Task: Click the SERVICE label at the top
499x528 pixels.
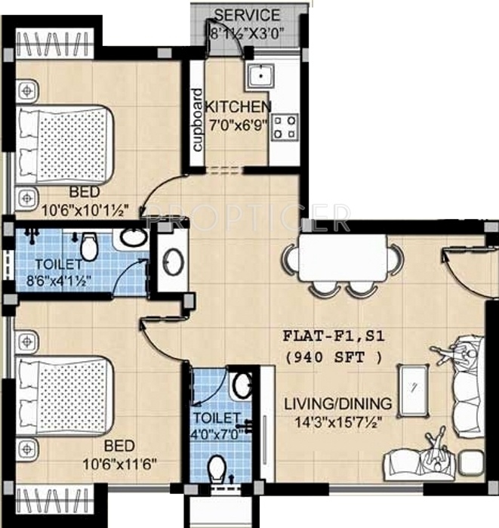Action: coord(247,15)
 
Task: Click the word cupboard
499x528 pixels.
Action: coord(197,120)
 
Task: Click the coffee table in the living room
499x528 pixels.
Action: coord(413,389)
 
